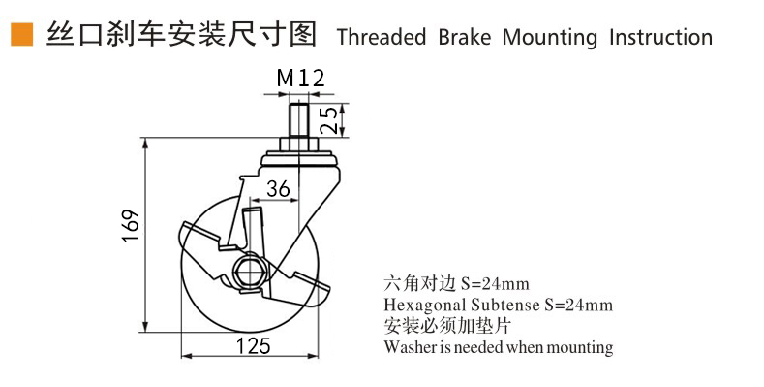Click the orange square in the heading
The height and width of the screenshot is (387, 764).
(x=22, y=35)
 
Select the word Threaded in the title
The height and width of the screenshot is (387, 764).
(x=382, y=37)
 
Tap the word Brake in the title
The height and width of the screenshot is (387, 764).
(x=465, y=37)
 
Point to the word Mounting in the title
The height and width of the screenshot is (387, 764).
(x=550, y=38)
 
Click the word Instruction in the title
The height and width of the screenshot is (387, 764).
(x=660, y=37)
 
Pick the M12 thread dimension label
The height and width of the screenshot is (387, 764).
(x=300, y=78)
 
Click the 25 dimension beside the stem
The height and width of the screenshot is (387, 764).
(x=330, y=120)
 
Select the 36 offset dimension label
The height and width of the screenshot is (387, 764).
(x=278, y=188)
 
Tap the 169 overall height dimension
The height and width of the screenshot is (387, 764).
(x=131, y=225)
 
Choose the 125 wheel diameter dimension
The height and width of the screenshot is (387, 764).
(x=254, y=345)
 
